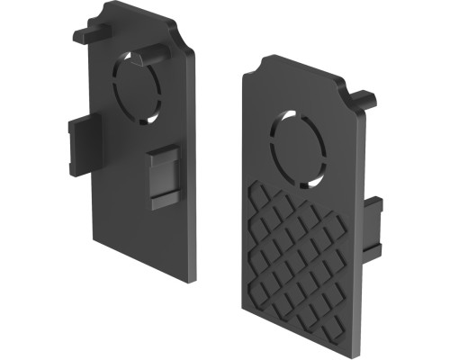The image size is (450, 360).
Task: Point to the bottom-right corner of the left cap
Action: pos(194,279)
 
